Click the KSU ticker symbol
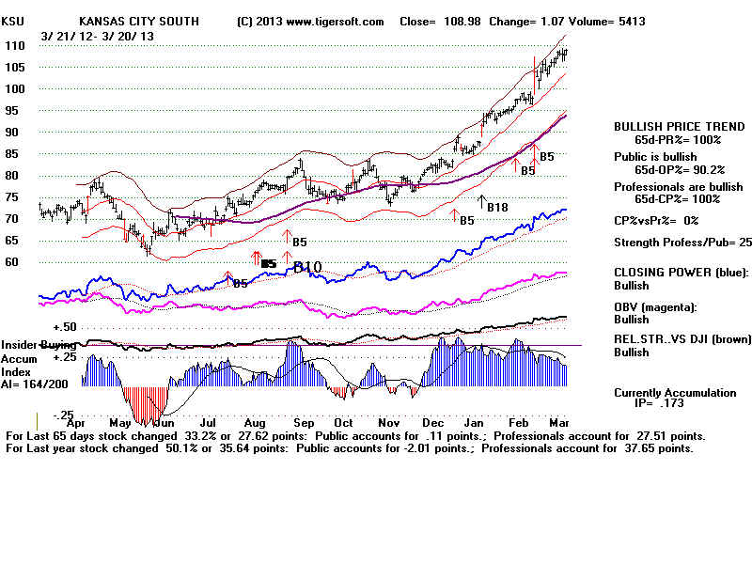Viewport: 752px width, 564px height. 13,21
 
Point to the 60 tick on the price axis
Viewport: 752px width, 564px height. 11,262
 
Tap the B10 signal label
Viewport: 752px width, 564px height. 307,268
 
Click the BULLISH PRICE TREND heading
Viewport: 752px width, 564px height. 668,126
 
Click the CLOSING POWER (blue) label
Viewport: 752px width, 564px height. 681,273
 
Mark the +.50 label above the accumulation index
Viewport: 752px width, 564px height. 64,326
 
